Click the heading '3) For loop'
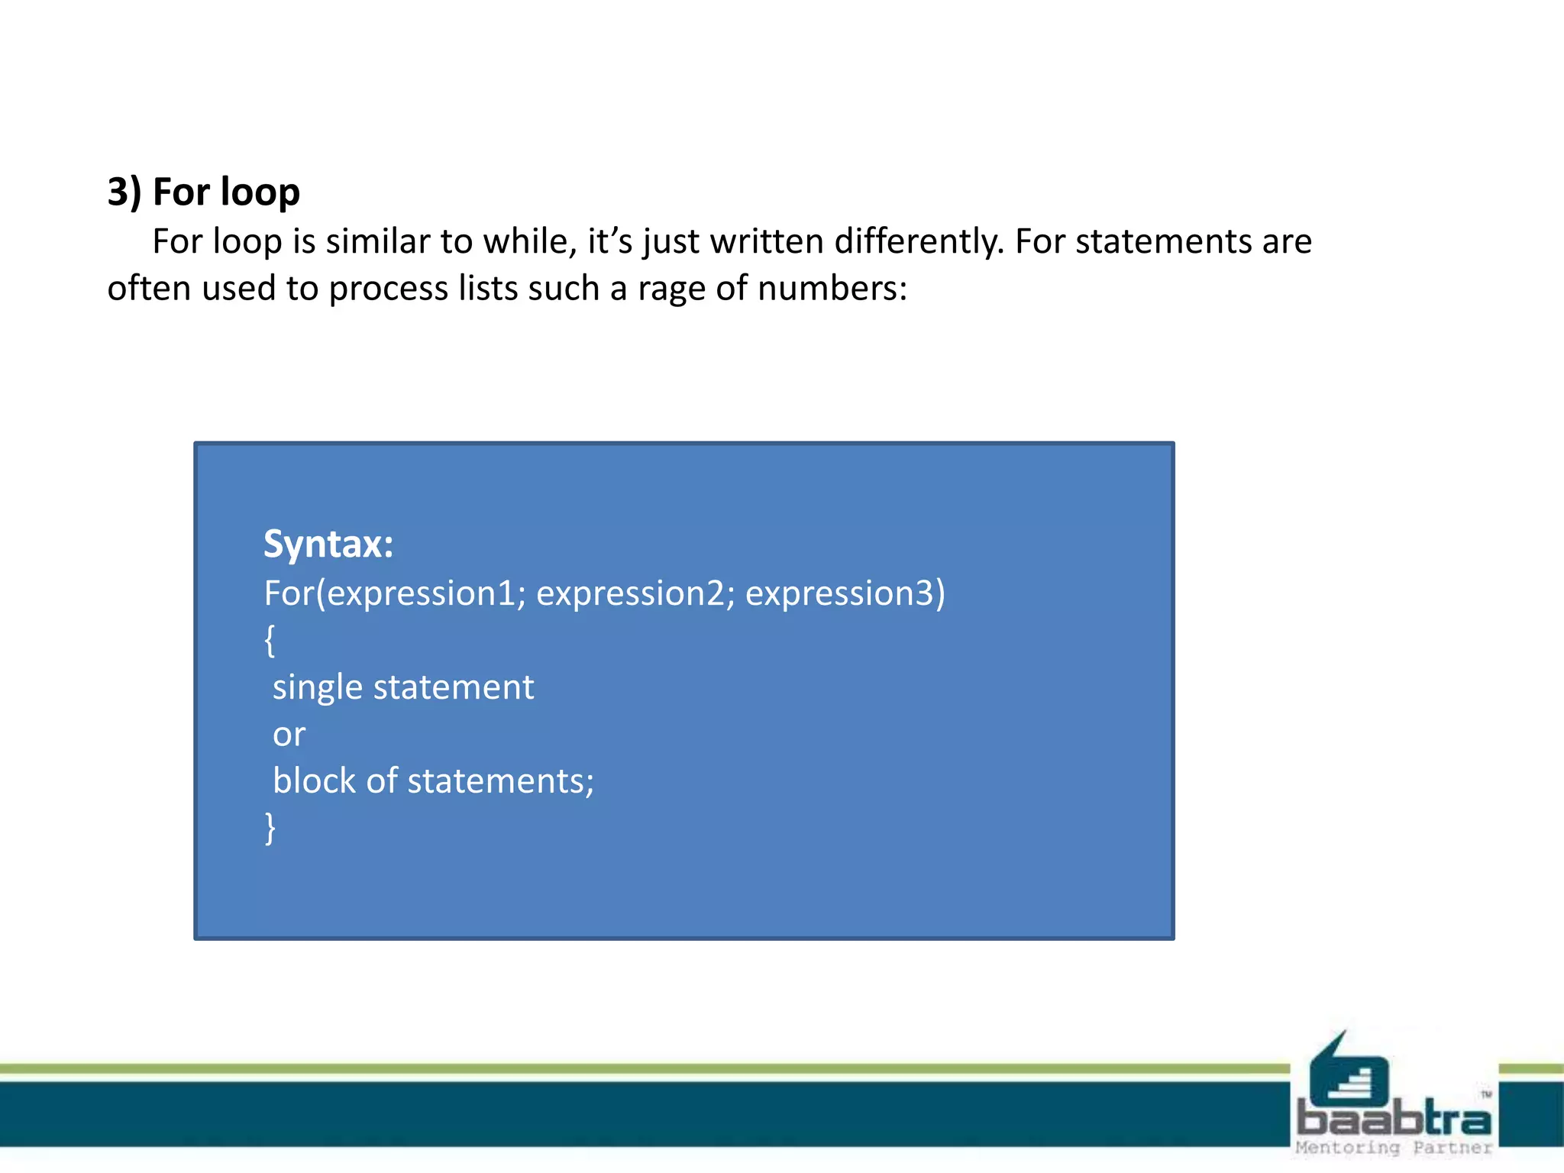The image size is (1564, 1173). pyautogui.click(x=203, y=191)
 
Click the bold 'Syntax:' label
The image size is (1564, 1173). pyautogui.click(x=328, y=544)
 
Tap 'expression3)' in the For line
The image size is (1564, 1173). pyautogui.click(x=845, y=593)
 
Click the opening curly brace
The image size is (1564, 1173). pyautogui.click(x=270, y=640)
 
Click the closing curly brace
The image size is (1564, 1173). pyautogui.click(x=270, y=828)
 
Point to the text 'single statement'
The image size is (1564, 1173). pyautogui.click(x=403, y=687)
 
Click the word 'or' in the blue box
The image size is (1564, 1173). pyautogui.click(x=289, y=735)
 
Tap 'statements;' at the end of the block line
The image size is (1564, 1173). pyautogui.click(x=500, y=781)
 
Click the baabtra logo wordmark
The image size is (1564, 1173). pyautogui.click(x=1394, y=1120)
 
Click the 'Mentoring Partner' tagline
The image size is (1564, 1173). pyautogui.click(x=1394, y=1148)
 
